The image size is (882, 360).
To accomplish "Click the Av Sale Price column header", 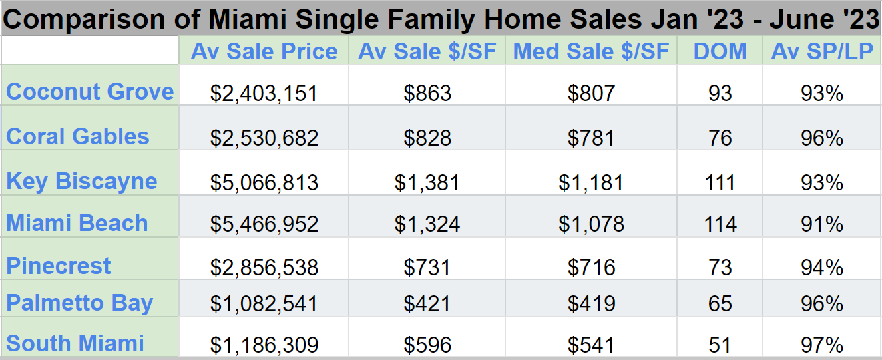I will (264, 52).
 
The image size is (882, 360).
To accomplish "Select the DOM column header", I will (720, 52).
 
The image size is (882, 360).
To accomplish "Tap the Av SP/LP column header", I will (822, 52).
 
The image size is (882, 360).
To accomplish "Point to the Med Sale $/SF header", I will (591, 52).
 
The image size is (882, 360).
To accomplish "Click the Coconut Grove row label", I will (89, 92).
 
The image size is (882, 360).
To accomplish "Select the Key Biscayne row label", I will (81, 181).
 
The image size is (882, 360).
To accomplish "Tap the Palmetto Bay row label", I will (79, 303).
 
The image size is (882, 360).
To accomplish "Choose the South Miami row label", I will (75, 343).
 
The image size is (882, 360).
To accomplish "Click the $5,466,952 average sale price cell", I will (264, 224).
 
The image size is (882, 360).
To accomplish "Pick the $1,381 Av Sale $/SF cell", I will (427, 182).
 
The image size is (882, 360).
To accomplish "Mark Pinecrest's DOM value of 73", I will (720, 268).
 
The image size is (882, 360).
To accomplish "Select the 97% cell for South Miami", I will (822, 345).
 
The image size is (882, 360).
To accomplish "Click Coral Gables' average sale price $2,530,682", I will (264, 138).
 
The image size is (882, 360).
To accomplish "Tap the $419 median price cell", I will (591, 304).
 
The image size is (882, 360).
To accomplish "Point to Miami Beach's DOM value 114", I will (720, 224).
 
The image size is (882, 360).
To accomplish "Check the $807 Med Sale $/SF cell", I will (591, 94).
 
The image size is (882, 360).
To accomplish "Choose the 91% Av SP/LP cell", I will (822, 224).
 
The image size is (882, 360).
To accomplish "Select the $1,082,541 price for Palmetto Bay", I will (264, 304).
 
